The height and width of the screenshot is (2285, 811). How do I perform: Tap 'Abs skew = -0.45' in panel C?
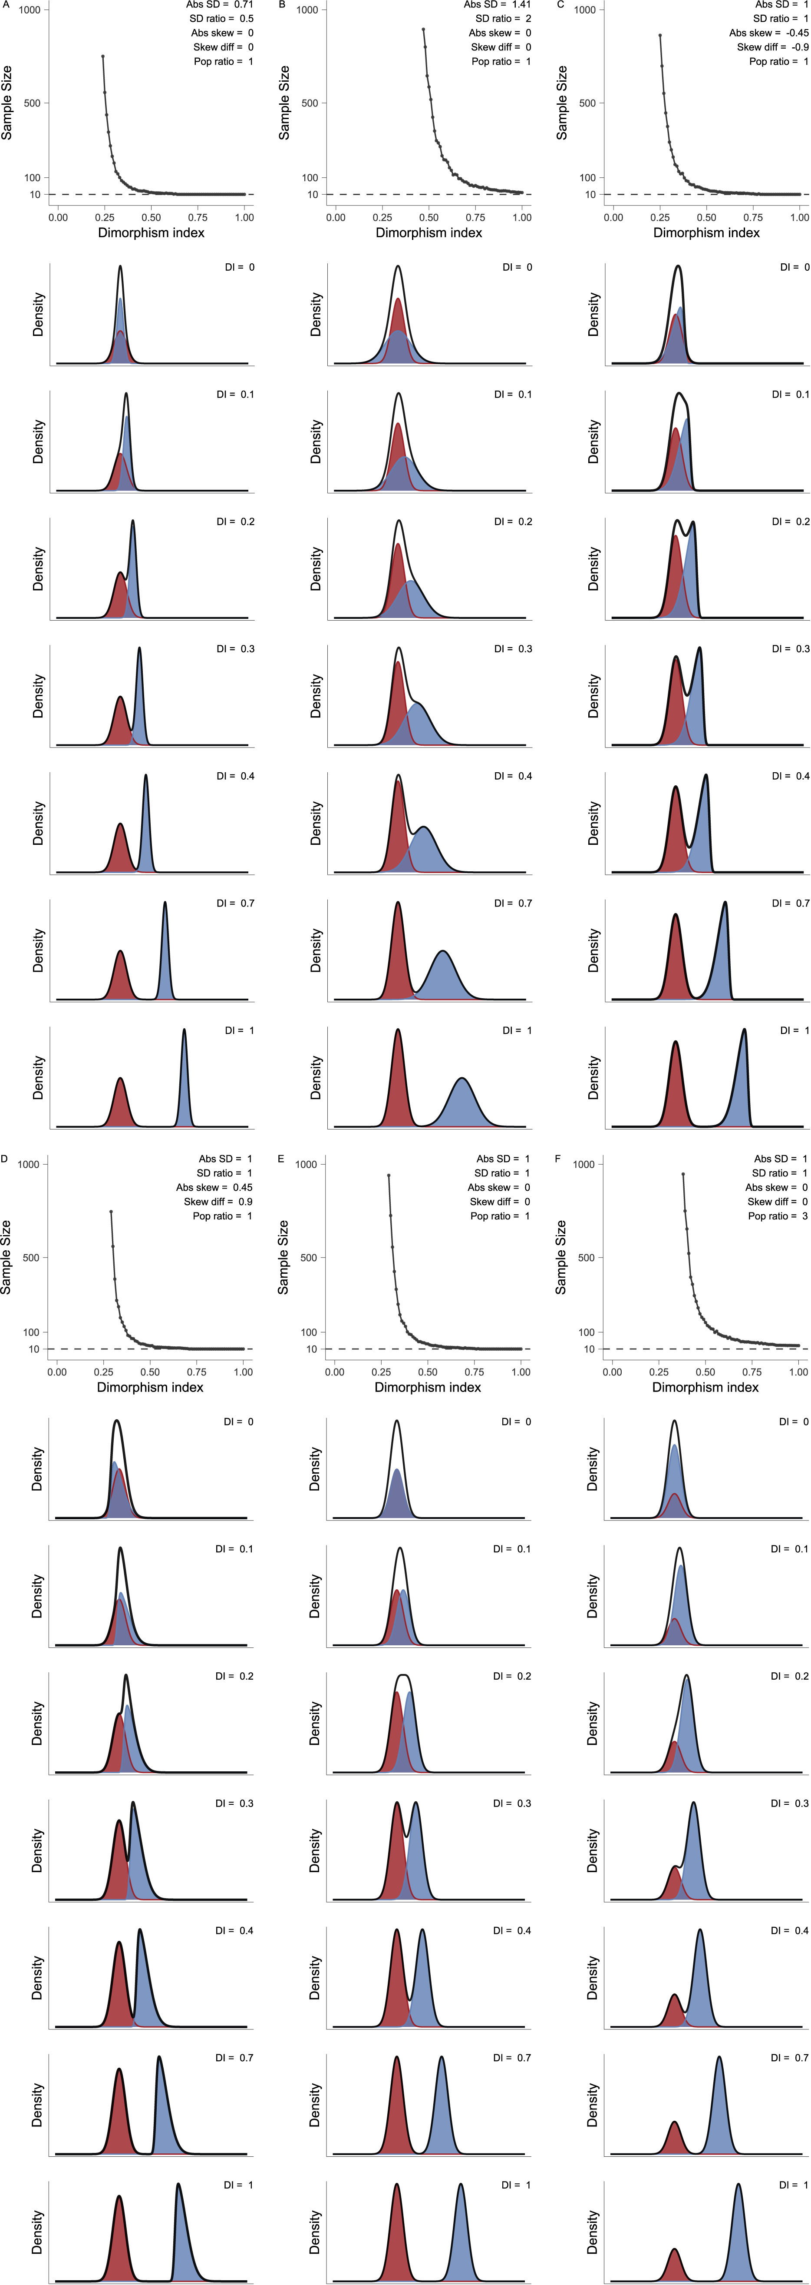click(x=768, y=33)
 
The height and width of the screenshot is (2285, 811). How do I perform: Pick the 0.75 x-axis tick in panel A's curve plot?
click(x=198, y=217)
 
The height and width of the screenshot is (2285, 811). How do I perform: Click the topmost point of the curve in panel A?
click(x=103, y=57)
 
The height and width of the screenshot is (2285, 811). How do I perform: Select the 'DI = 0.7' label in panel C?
click(x=790, y=903)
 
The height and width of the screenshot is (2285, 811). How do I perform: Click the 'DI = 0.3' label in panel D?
click(x=234, y=1803)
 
